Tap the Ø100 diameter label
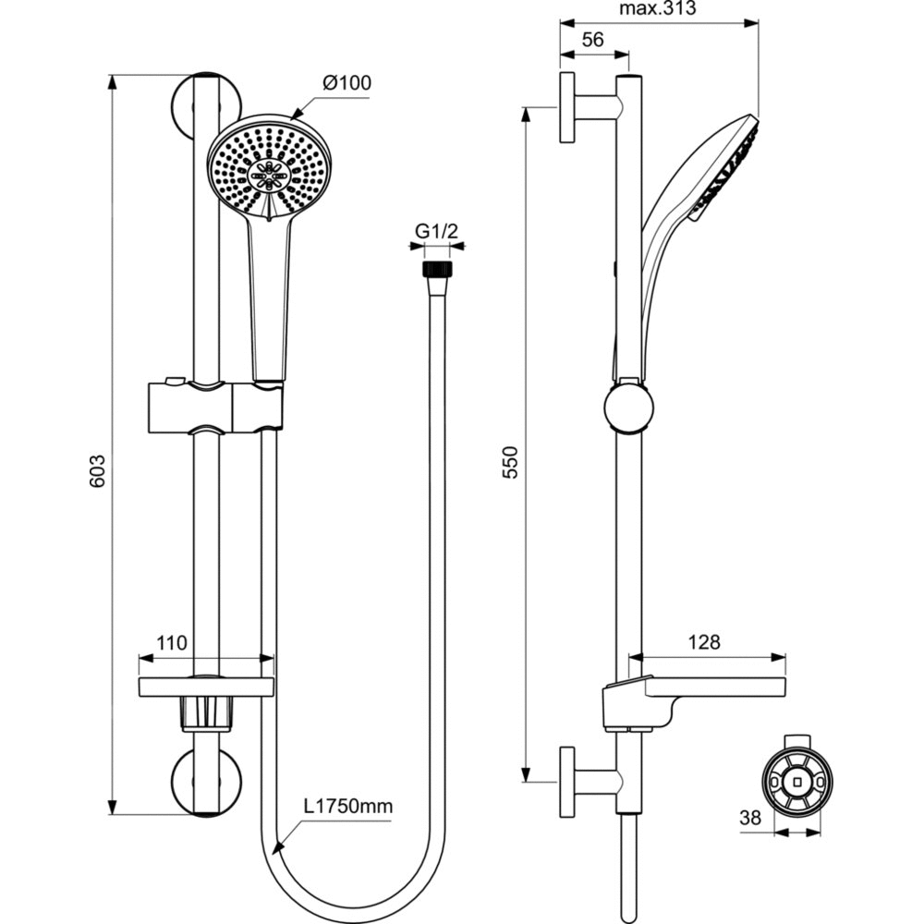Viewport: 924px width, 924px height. tap(346, 83)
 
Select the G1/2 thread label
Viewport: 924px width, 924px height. tap(437, 232)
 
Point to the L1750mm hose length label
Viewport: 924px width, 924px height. tap(348, 806)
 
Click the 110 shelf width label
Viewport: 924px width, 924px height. tap(172, 642)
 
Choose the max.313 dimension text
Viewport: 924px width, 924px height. tap(657, 8)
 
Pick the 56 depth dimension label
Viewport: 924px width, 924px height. tap(593, 39)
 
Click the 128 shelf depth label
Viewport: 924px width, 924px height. tap(704, 641)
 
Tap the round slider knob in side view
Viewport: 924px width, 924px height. tap(628, 407)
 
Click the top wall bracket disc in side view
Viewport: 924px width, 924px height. tap(566, 108)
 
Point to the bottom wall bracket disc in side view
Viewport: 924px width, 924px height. tap(566, 782)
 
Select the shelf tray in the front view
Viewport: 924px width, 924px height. tap(206, 687)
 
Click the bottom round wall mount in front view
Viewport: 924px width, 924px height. tap(209, 779)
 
